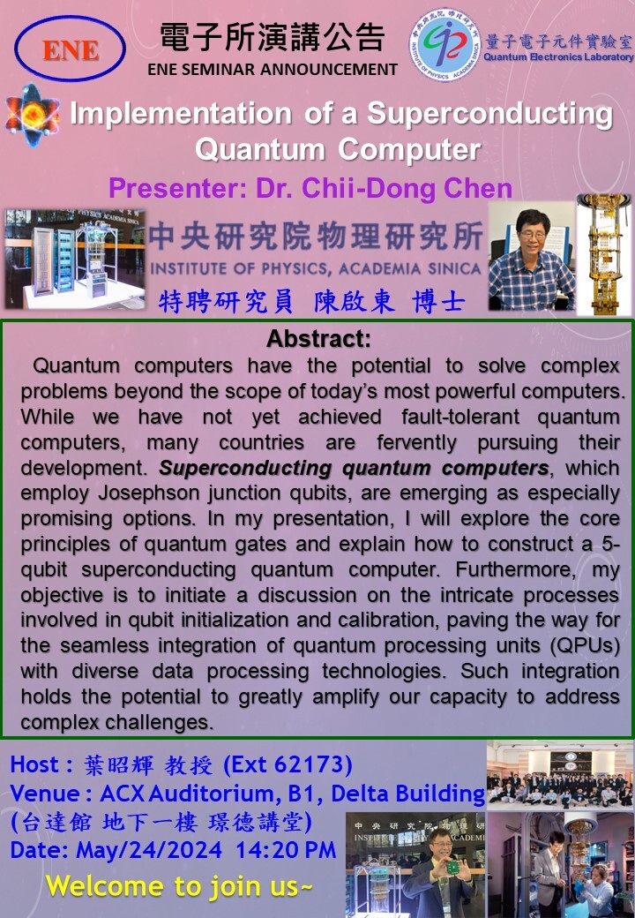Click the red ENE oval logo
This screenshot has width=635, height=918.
71,49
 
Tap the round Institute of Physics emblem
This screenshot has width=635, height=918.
444,44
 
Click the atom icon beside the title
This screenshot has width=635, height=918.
32,115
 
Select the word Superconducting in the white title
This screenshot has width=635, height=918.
489,114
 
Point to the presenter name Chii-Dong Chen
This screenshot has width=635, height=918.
407,189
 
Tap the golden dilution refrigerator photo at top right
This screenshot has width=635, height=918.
605,255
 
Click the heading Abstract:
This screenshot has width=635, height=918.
318,338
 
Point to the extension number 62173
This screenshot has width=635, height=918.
308,764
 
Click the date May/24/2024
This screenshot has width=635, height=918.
149,850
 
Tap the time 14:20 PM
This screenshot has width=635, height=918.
286,850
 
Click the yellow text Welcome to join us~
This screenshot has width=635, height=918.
180,886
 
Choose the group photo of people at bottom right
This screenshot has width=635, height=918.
559,775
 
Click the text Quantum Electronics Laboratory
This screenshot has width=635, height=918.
558,56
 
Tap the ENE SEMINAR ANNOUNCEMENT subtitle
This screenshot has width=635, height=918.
273,69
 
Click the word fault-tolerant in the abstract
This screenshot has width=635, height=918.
460,417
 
